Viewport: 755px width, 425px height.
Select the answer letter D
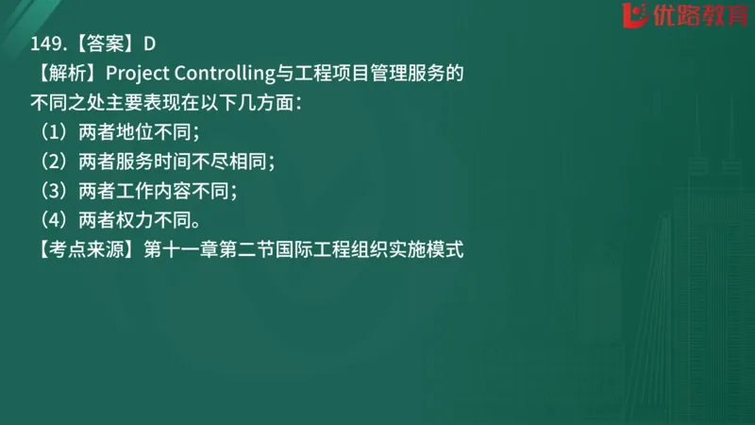tap(149, 43)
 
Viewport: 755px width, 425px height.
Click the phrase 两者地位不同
tap(139, 132)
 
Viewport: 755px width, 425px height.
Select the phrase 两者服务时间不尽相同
tap(177, 161)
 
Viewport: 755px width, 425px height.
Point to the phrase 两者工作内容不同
tap(158, 192)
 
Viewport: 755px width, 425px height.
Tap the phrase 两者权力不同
tap(139, 221)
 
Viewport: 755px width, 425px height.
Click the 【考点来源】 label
tap(84, 251)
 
